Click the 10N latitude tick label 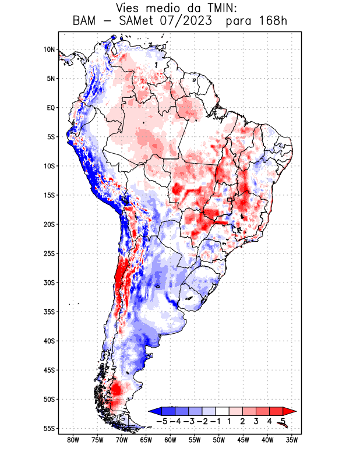tap(49, 50)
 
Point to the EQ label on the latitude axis tap(51, 108)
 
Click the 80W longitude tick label tap(73, 440)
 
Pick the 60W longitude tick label tap(171, 440)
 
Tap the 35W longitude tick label tap(292, 440)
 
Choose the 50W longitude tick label tap(219, 440)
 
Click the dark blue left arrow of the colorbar tap(155, 411)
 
